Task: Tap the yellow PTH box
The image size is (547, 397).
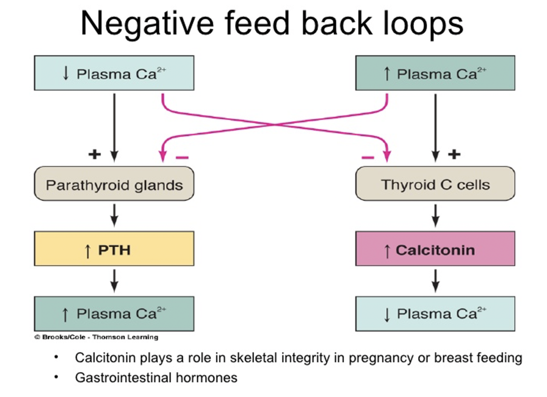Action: pos(114,249)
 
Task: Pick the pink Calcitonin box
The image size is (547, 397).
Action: pos(435,249)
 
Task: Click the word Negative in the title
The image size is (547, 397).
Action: pos(147,24)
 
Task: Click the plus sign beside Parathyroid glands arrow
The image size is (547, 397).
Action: pos(95,154)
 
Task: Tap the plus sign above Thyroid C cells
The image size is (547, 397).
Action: pos(454,154)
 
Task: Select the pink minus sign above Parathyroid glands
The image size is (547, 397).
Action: pos(182,157)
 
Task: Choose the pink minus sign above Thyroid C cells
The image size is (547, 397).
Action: pos(368,157)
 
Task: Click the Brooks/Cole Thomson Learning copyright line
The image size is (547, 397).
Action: pos(96,337)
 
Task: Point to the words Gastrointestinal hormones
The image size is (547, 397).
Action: pos(156,378)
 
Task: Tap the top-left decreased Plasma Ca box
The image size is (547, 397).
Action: pos(114,73)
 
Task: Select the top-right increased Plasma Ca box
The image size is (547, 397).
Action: pos(435,73)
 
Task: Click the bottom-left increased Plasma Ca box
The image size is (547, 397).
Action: pos(114,314)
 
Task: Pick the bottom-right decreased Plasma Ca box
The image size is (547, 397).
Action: pos(435,314)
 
